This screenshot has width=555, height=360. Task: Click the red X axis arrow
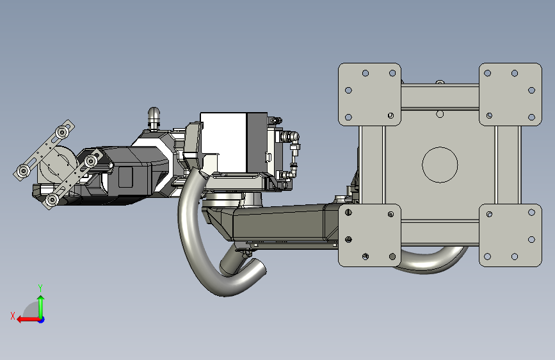[28, 320]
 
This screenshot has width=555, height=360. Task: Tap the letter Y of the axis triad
[40, 288]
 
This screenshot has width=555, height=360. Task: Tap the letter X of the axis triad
[13, 316]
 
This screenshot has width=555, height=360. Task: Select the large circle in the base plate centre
[440, 165]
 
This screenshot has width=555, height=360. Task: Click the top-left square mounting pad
[369, 95]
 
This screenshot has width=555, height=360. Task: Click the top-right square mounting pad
[510, 95]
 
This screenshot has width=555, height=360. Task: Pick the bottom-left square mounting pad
[369, 235]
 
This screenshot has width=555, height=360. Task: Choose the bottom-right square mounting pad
[510, 235]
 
